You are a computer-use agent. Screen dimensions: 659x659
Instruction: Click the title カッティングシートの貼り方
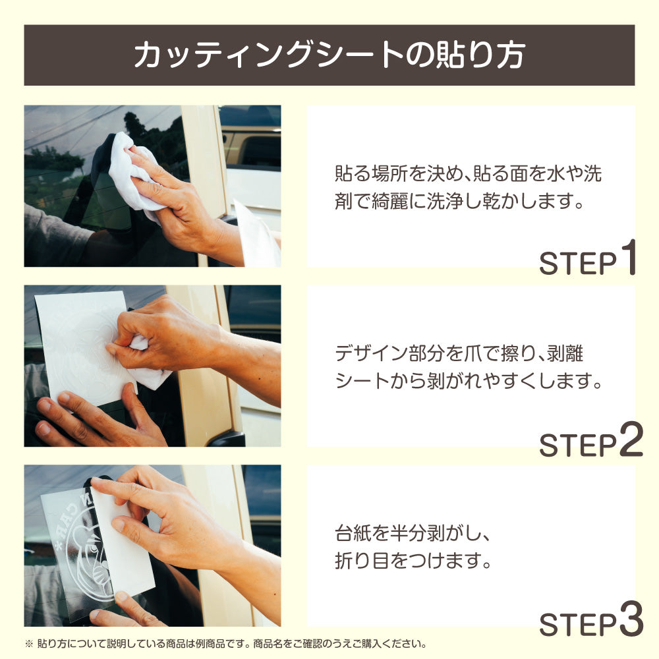coord(329,55)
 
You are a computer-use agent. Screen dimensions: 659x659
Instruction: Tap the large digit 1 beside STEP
coord(629,257)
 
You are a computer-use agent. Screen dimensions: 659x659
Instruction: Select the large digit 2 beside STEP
coord(631,438)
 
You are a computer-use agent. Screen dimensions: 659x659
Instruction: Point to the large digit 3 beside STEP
coord(631,618)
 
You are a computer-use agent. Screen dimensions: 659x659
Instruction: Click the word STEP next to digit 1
coord(577,264)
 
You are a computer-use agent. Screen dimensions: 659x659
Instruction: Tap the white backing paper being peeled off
coord(122,546)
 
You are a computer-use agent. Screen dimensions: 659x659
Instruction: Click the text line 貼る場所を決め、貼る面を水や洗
coord(468,173)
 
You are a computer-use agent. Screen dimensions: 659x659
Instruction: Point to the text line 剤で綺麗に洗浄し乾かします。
coord(459,200)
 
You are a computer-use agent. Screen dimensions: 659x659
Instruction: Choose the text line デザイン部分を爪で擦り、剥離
coord(459,353)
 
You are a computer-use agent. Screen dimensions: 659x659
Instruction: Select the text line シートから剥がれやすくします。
coord(469,381)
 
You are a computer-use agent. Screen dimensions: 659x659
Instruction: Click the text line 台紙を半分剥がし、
coord(413,533)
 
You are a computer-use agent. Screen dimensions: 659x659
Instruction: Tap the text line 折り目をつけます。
coord(413,560)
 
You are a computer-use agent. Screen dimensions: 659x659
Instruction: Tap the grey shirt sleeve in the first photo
coord(55,235)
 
